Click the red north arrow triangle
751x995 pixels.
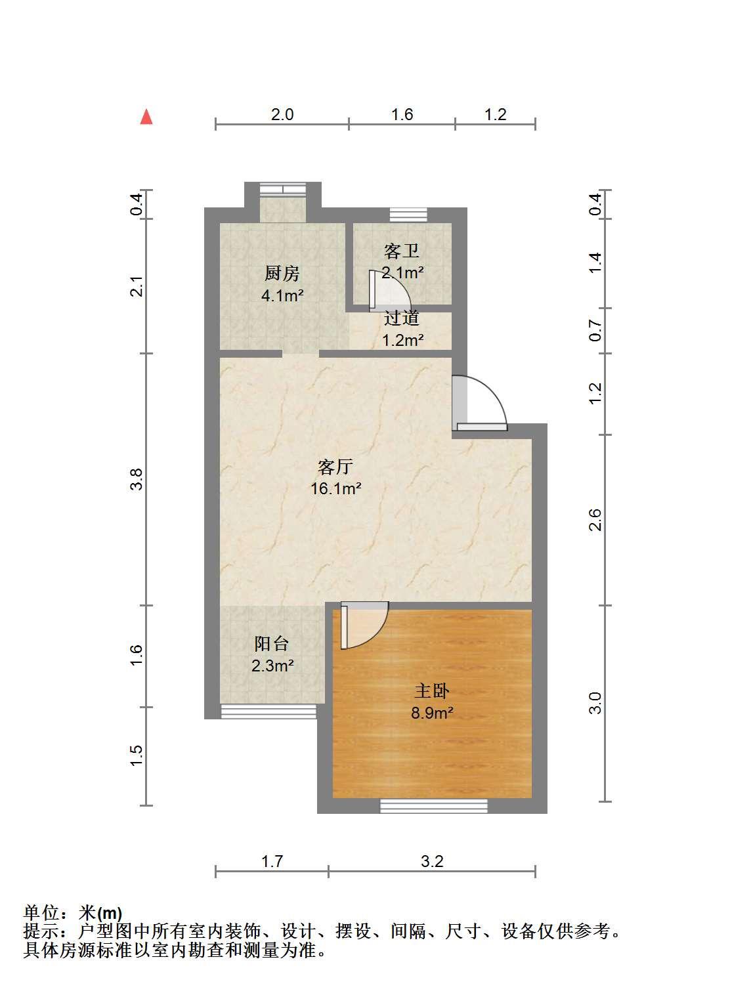pos(146,116)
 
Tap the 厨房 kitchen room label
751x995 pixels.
pos(282,273)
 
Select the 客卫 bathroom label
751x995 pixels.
pos(402,251)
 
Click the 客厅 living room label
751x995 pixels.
pos(335,467)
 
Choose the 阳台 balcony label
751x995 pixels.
pos(272,643)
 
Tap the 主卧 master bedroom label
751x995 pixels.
pos(431,691)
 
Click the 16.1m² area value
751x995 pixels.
pos(336,488)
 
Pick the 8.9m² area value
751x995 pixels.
pos(432,713)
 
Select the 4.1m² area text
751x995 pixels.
pos(282,295)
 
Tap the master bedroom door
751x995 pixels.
pos(364,625)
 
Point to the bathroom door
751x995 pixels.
pos(390,291)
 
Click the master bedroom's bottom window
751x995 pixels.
pos(433,806)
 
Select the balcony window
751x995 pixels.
pos(268,711)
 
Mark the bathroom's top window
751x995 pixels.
pos(408,215)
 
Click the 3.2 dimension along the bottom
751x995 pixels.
pos(432,861)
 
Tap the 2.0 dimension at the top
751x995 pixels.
pos(282,114)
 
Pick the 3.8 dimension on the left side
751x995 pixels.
pos(137,479)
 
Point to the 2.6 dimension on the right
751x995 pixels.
pos(595,520)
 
